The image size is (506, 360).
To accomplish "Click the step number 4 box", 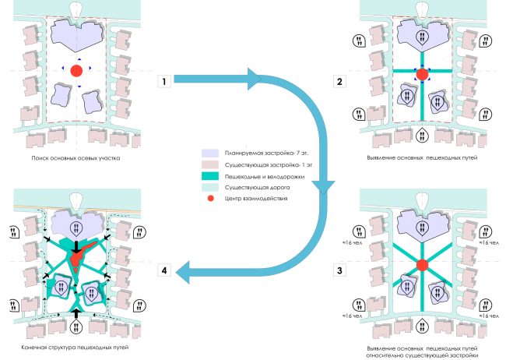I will coord(163,271).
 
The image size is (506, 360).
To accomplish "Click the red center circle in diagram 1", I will coord(76,71).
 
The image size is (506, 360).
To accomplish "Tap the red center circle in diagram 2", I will coord(422,75).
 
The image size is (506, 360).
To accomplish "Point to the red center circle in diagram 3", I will coord(422,266).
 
